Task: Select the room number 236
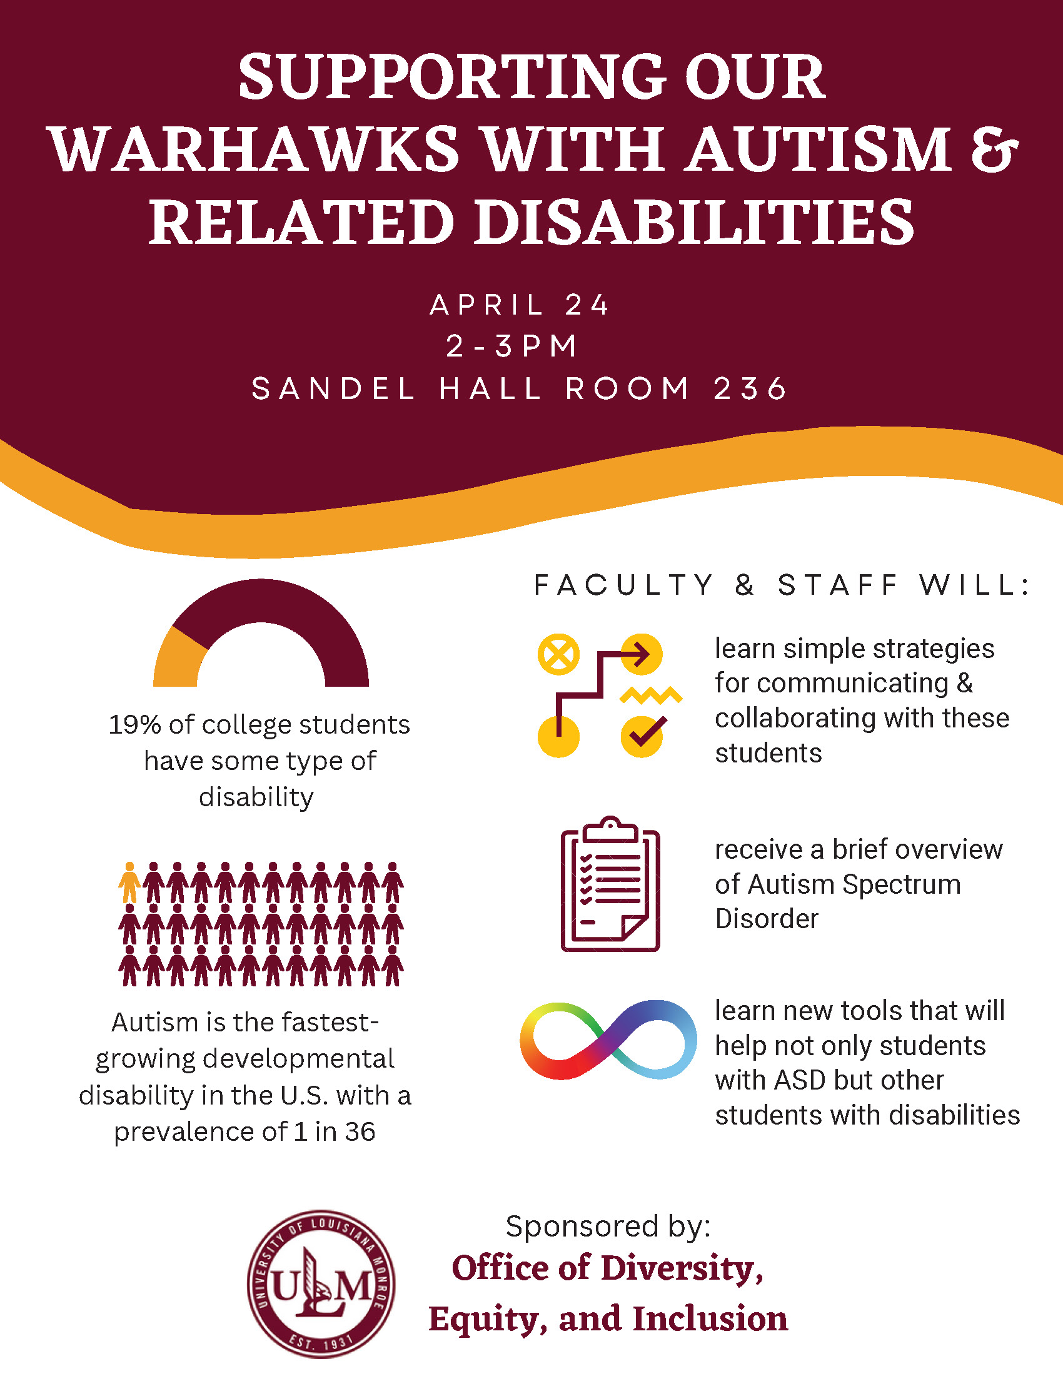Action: click(750, 388)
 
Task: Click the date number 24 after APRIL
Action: click(587, 305)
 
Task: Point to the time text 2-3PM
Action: click(511, 346)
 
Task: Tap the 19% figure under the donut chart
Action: click(134, 724)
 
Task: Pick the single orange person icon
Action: click(129, 883)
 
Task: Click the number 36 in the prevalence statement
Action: click(360, 1132)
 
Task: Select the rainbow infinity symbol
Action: click(608, 1040)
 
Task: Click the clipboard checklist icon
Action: click(610, 883)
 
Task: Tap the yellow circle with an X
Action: click(558, 654)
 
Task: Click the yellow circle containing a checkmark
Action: click(642, 736)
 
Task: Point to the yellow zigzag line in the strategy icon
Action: click(651, 695)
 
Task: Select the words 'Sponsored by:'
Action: click(608, 1226)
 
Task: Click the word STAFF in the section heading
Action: click(838, 585)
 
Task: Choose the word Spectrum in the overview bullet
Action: click(902, 884)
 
